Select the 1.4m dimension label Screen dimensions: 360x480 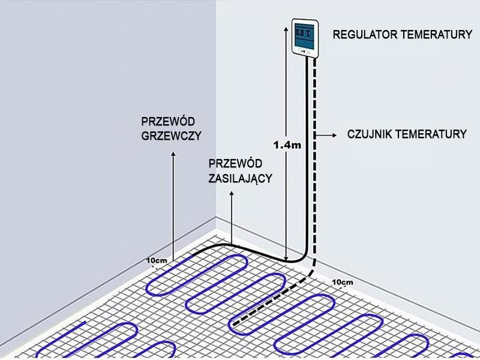point(286,145)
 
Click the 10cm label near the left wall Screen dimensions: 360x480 point(157,261)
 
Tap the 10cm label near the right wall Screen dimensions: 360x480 point(342,282)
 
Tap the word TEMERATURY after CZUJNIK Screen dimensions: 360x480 point(433,134)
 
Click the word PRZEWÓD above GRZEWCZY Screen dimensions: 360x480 point(161,121)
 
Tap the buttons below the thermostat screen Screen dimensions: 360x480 point(304,51)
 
